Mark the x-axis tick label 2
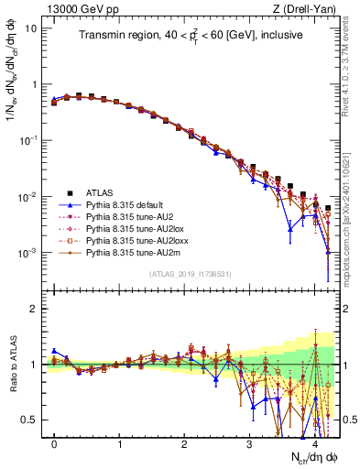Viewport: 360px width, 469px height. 184,444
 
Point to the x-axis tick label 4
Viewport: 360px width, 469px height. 314,444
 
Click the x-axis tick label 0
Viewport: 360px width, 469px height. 54,444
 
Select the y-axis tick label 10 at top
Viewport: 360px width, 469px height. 30,27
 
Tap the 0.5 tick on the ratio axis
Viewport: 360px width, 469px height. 29,420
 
